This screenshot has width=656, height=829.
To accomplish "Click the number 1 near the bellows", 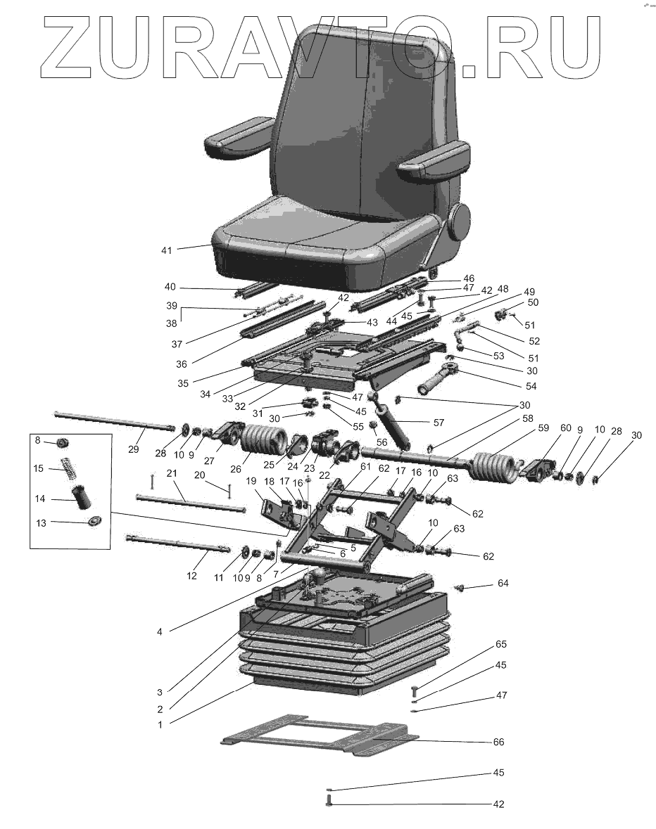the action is pos(160,724).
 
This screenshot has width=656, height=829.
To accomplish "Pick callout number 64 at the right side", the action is pos(503,584).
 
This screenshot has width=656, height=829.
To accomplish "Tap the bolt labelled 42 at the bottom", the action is pos(329,800).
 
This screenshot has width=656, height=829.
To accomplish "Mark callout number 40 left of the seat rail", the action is pos(170,287).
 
